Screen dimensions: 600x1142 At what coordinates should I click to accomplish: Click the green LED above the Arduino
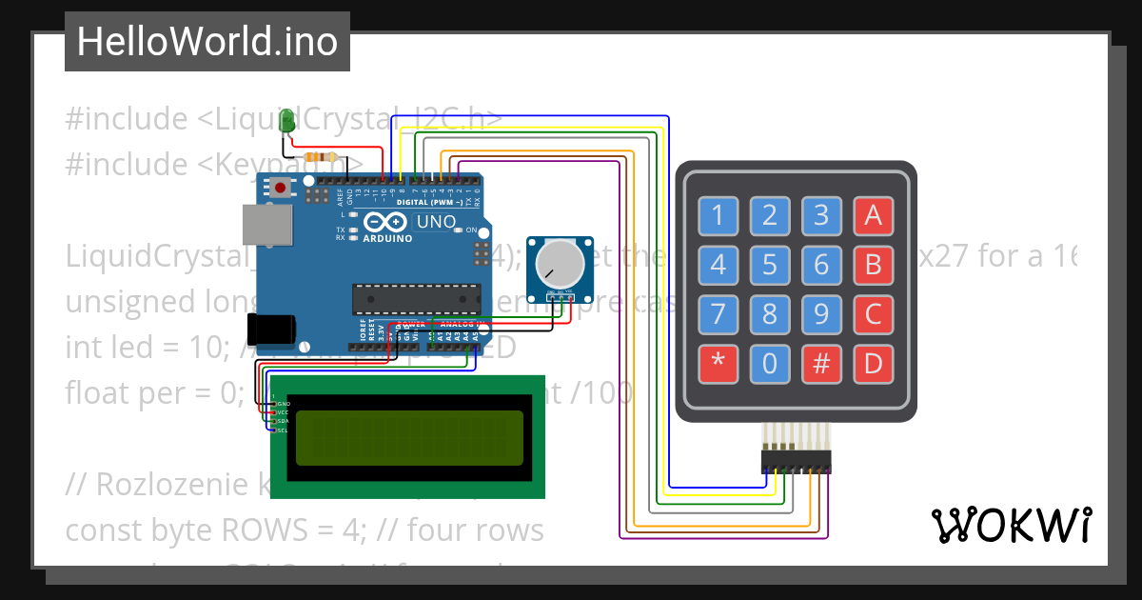click(287, 120)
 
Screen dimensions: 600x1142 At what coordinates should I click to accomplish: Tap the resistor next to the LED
click(319, 157)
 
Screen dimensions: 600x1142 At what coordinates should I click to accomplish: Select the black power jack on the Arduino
click(270, 329)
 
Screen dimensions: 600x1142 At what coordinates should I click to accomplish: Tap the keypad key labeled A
click(873, 216)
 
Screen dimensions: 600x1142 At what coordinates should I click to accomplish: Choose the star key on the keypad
click(718, 363)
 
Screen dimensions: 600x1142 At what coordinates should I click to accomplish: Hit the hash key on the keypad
click(821, 363)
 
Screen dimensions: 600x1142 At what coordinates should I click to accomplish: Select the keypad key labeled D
click(873, 363)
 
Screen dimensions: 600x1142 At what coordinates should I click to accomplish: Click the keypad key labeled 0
click(769, 363)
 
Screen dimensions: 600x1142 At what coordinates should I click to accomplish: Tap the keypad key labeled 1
click(718, 216)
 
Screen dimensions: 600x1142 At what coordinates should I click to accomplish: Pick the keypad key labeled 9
click(821, 313)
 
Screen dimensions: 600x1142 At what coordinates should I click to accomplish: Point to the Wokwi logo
click(1011, 525)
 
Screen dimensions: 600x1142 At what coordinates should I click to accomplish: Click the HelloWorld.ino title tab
click(207, 42)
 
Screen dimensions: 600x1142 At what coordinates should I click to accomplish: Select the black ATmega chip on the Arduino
click(414, 298)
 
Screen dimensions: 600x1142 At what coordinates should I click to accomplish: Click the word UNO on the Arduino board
click(436, 222)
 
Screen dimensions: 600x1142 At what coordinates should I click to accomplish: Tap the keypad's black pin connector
click(796, 462)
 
